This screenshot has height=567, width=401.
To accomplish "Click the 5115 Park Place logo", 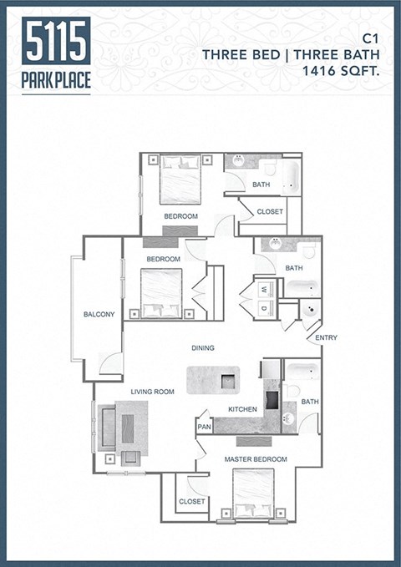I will [x=57, y=54].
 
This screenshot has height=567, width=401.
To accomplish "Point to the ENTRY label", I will [x=327, y=337].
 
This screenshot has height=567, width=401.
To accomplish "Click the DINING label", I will [x=202, y=348].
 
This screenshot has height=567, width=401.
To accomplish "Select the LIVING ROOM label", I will [x=152, y=391].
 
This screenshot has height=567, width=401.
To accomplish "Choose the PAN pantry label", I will [x=204, y=427].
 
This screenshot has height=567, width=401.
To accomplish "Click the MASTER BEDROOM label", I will [x=256, y=459].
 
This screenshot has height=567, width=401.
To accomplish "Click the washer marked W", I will [x=263, y=290].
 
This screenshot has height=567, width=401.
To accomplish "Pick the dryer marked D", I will [x=263, y=307].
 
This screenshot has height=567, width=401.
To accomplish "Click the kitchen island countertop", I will [x=212, y=380].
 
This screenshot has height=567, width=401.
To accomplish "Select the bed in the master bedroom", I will [x=253, y=493].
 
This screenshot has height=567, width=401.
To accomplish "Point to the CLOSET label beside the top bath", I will [x=270, y=211].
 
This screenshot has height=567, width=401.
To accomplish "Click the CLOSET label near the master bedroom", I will [x=191, y=501].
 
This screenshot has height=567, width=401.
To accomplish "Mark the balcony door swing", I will [x=110, y=363].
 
